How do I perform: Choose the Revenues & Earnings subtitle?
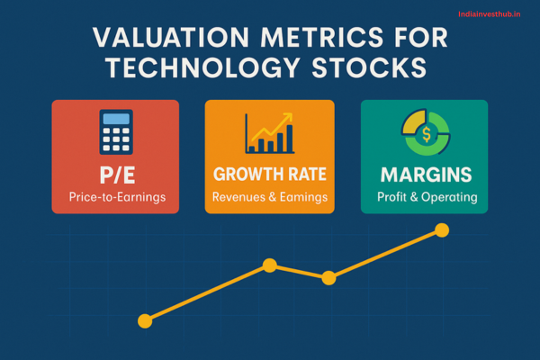click(x=269, y=197)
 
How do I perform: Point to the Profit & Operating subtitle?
click(x=424, y=197)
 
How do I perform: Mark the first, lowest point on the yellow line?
click(x=144, y=319)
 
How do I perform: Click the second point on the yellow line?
click(x=268, y=265)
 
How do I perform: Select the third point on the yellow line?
click(x=328, y=278)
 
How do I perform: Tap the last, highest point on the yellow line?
click(x=441, y=230)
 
